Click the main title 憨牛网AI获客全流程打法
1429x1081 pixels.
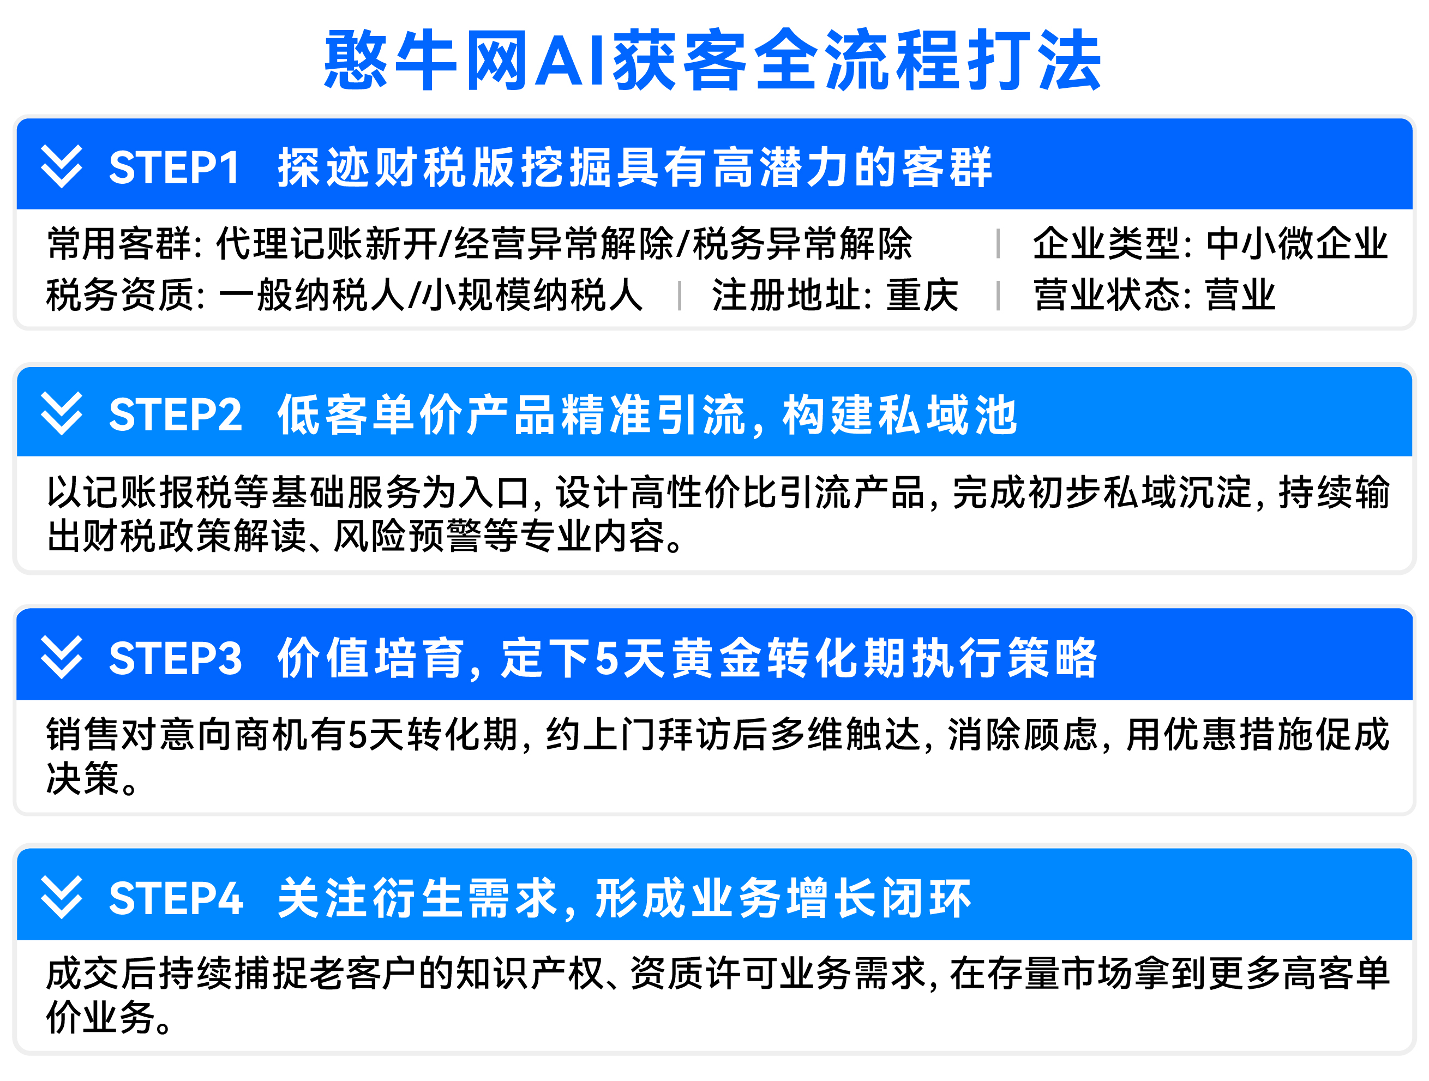713,60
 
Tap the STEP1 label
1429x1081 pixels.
175,167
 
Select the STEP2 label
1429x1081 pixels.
176,414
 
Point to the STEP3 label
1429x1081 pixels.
176,658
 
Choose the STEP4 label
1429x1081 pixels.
176,898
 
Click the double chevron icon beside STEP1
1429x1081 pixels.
62,167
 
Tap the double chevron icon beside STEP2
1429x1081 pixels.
62,413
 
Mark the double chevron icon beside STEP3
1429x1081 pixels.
62,657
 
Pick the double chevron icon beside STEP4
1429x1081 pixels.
62,898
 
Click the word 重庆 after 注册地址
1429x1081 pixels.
922,295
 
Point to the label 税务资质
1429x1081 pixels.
120,295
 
